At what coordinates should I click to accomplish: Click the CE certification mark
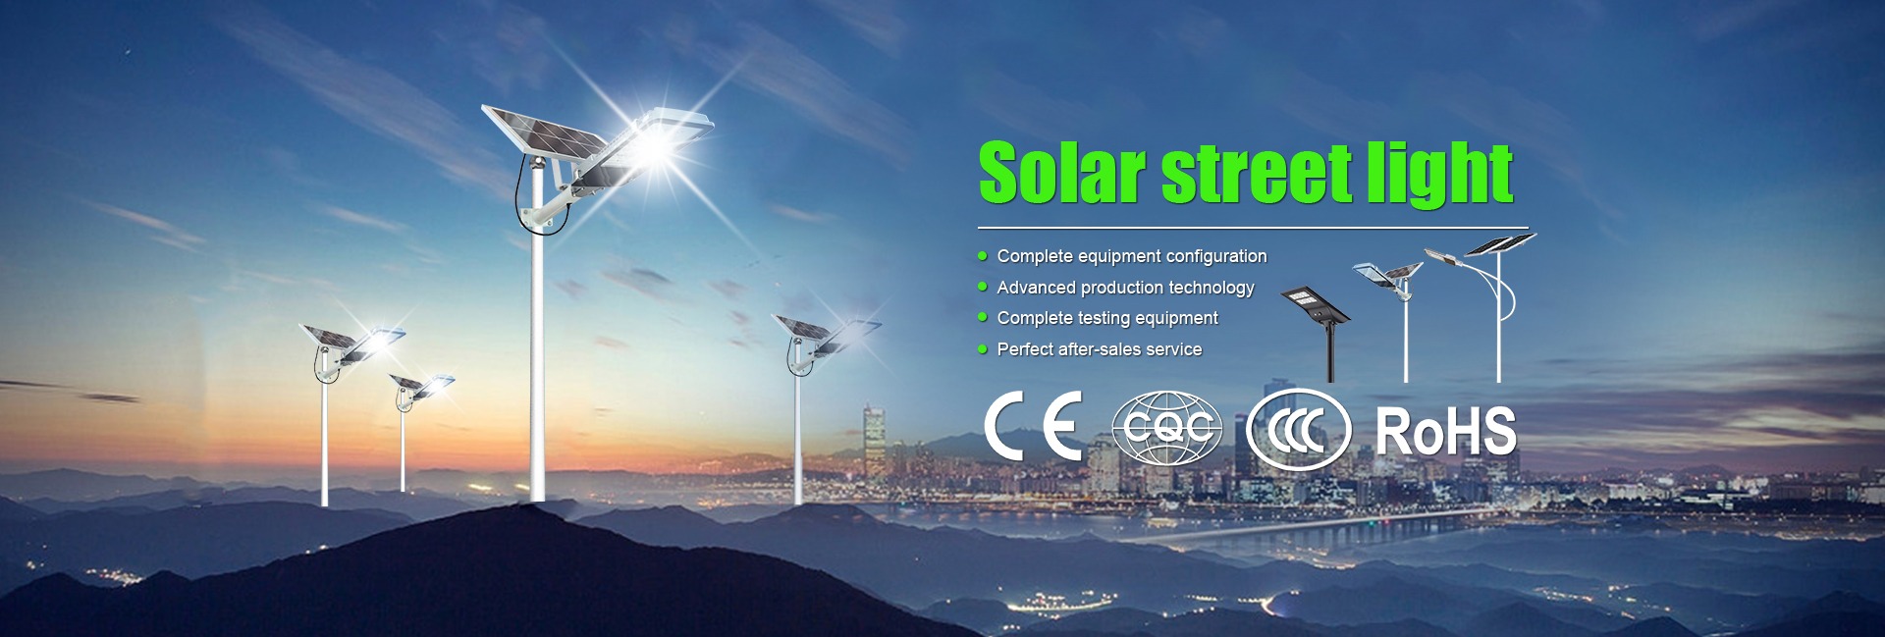1033,426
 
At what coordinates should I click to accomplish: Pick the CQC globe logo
1166,428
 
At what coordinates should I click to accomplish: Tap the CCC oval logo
1298,430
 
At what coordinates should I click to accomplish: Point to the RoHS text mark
1446,431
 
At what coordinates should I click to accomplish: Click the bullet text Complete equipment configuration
1132,256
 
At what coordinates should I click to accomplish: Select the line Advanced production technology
1125,288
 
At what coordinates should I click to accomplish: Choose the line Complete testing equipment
1107,318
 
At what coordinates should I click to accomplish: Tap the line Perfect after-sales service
1100,349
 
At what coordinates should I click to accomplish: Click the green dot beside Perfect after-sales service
983,348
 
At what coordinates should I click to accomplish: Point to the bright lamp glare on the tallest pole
653,147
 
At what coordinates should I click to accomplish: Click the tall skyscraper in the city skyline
874,442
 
